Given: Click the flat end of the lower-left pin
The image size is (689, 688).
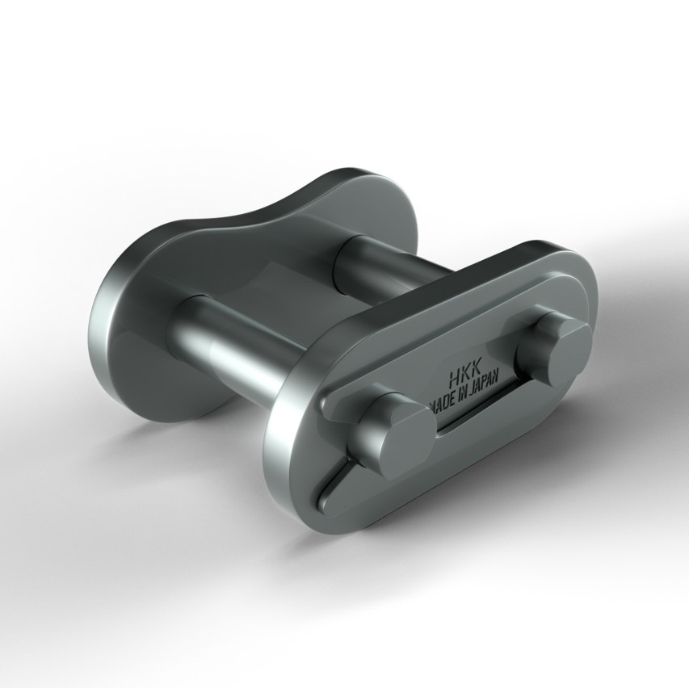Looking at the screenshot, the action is point(405,440).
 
